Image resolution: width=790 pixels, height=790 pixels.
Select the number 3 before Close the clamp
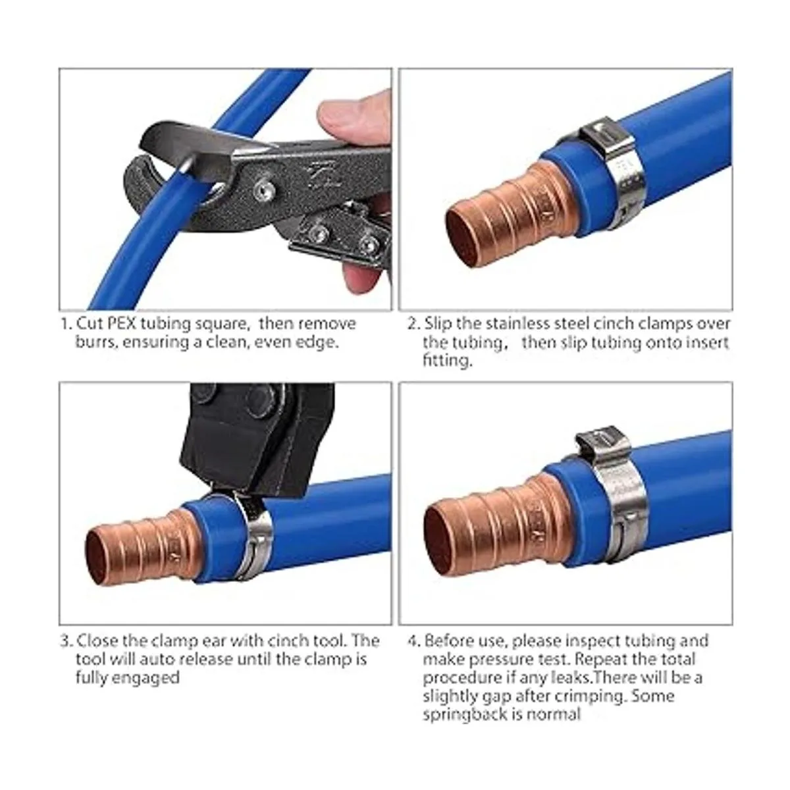click(x=65, y=641)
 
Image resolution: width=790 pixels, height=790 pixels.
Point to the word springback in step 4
click(x=468, y=714)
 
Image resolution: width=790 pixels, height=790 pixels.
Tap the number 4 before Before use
click(x=413, y=641)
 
